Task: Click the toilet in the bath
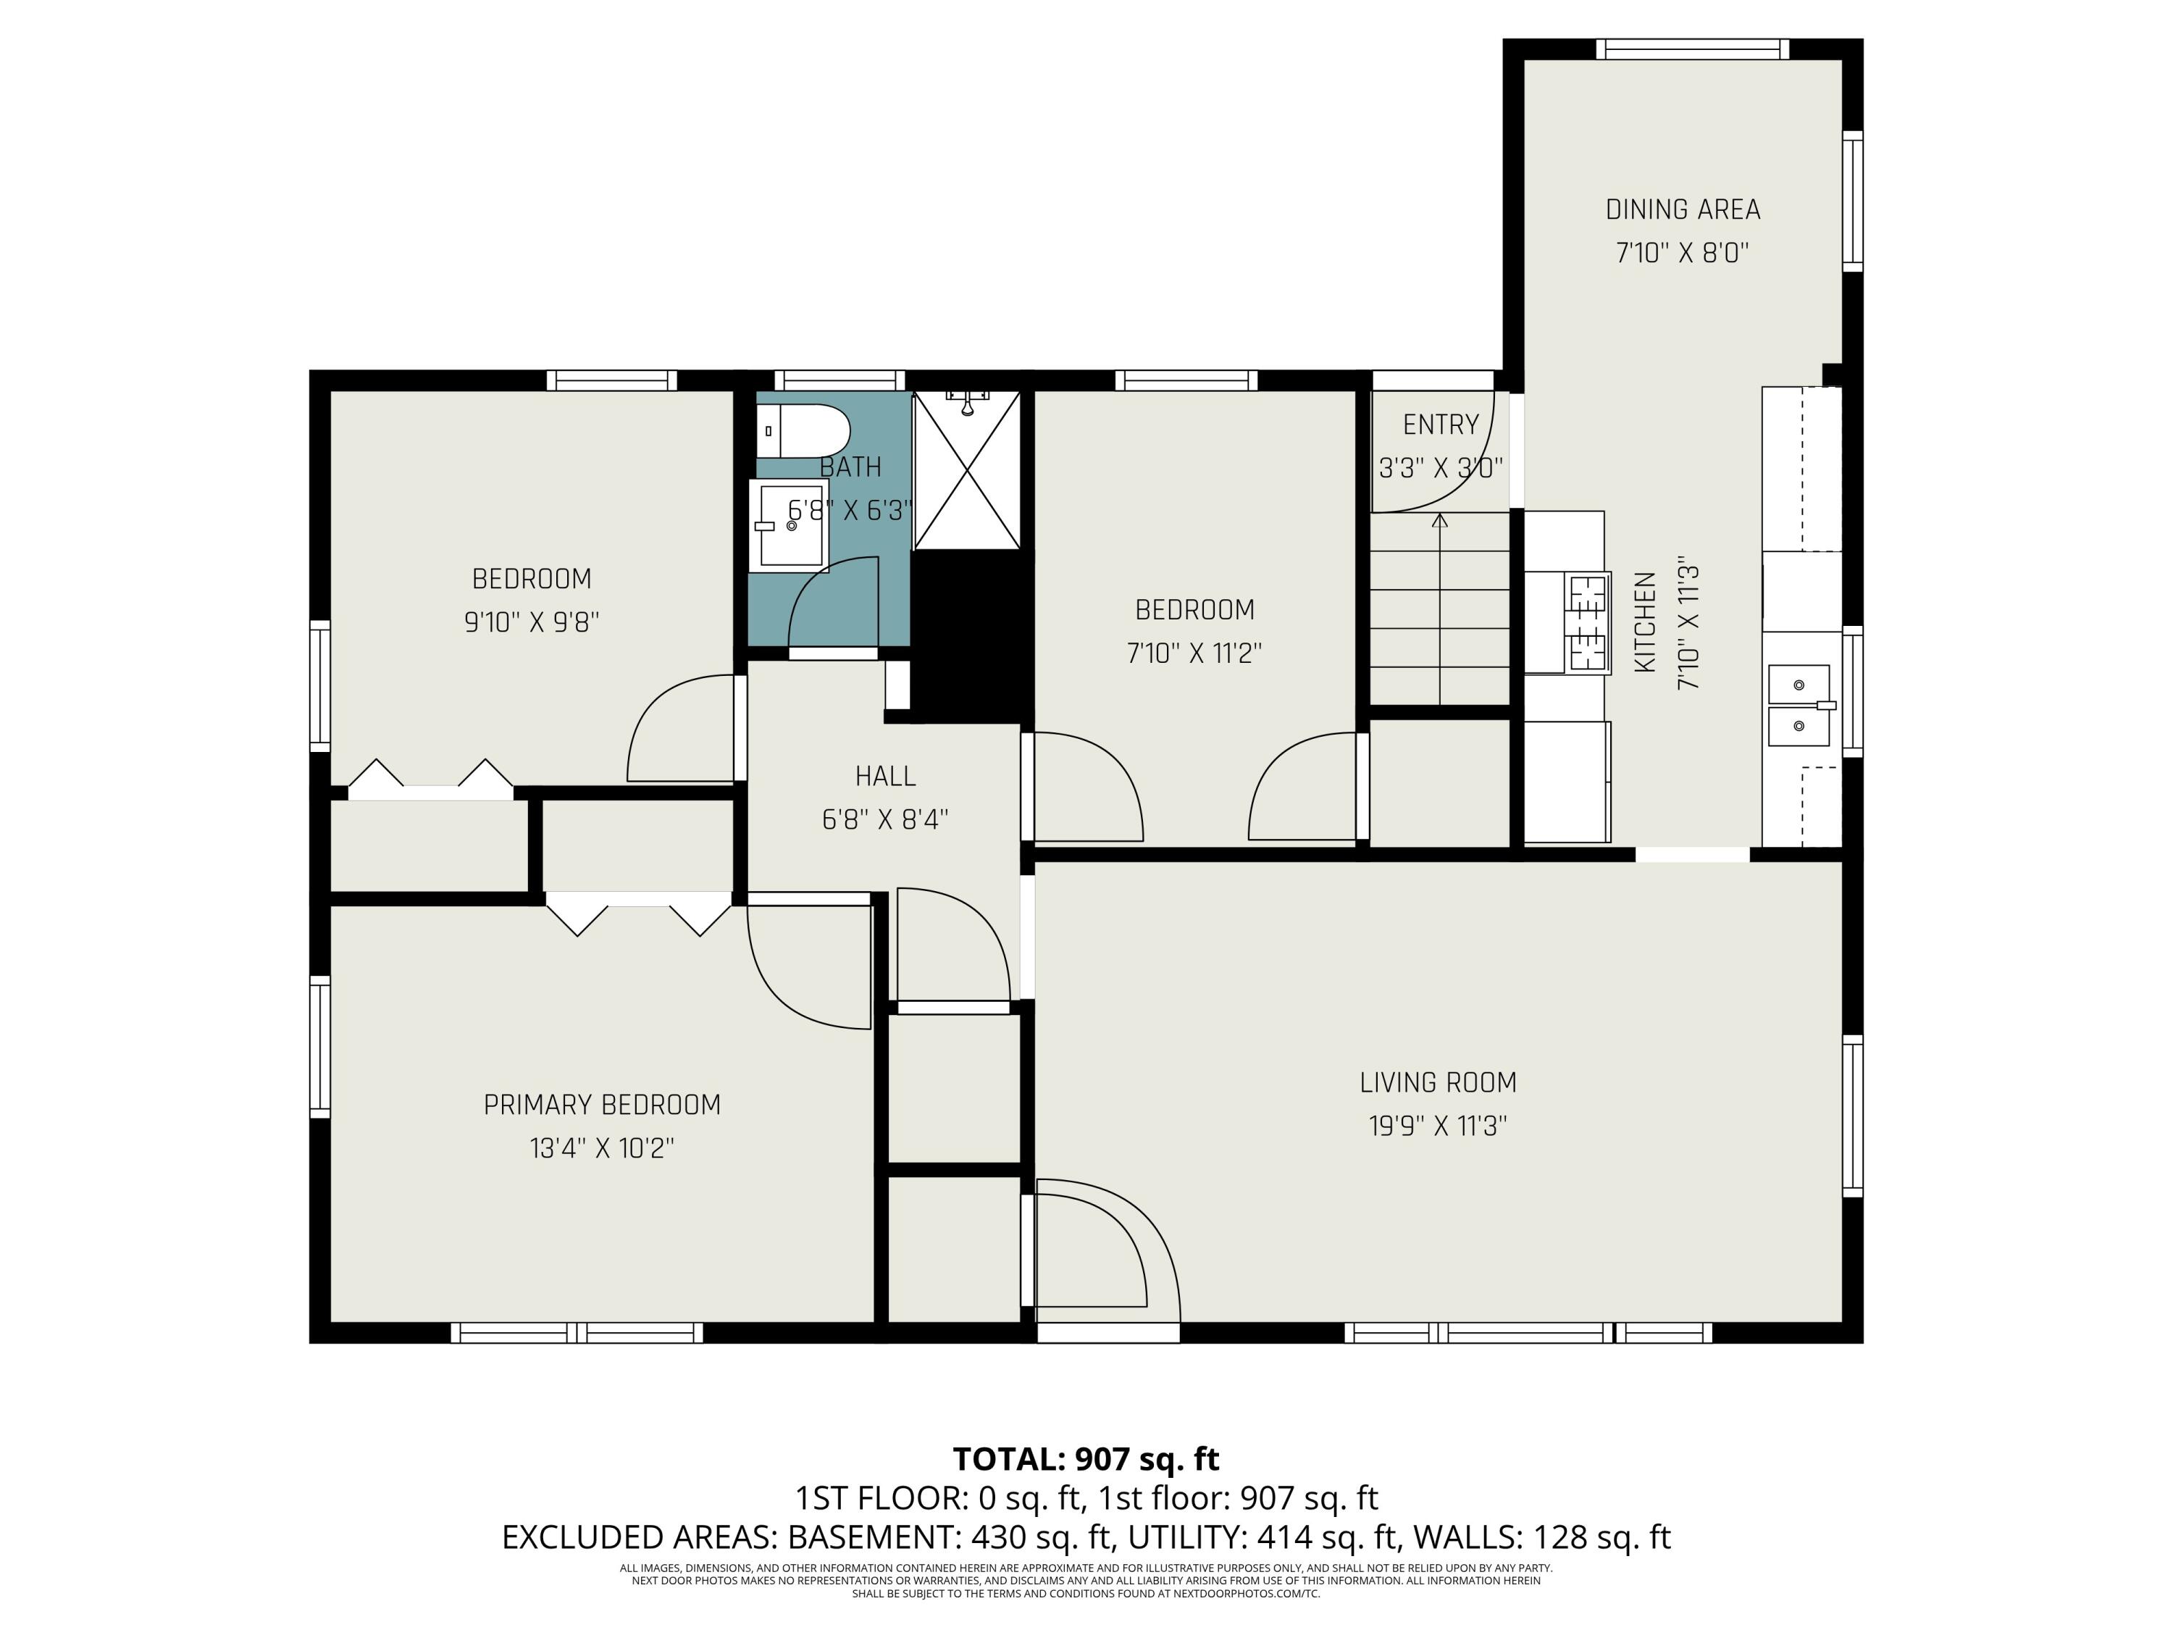pyautogui.click(x=803, y=430)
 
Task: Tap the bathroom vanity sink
pyautogui.click(x=789, y=526)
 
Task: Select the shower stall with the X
pyautogui.click(x=967, y=469)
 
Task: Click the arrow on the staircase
pyautogui.click(x=1439, y=609)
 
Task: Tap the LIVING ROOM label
pyautogui.click(x=1439, y=1083)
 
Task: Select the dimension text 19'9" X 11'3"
pyautogui.click(x=1439, y=1126)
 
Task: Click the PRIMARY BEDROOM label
pyautogui.click(x=602, y=1106)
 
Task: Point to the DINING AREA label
pyautogui.click(x=1683, y=209)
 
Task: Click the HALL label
pyautogui.click(x=885, y=776)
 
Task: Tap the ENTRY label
pyautogui.click(x=1440, y=425)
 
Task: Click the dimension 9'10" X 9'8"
pyautogui.click(x=532, y=622)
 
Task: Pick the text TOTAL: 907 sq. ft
pyautogui.click(x=1086, y=1459)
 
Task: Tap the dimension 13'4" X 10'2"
pyautogui.click(x=602, y=1148)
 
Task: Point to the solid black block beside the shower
pyautogui.click(x=973, y=637)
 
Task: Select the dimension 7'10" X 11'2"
pyautogui.click(x=1194, y=653)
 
